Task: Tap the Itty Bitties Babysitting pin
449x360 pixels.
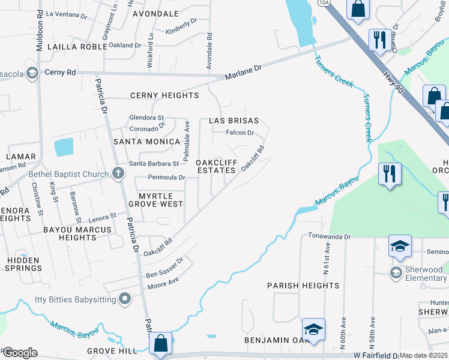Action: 125,298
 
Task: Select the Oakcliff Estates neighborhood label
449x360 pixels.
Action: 216,167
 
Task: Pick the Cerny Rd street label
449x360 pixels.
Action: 62,73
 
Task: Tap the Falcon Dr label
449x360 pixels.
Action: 240,133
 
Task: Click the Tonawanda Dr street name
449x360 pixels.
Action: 329,237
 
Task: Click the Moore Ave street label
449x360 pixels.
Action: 163,281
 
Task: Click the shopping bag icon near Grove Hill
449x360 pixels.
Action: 161,343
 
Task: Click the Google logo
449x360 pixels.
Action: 19,352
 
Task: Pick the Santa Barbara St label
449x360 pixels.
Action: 154,163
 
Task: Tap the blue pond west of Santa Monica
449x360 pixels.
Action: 63,147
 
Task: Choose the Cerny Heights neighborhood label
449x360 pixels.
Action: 164,95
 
